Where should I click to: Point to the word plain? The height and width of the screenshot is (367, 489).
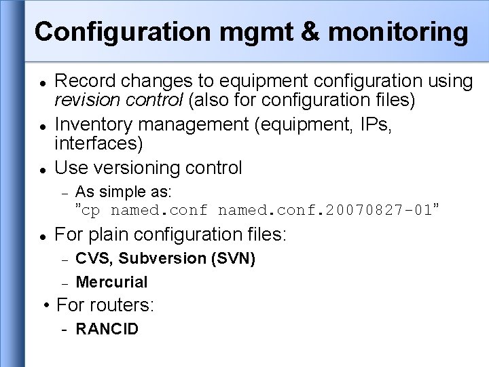tap(113, 235)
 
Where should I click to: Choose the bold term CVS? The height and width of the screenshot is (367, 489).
tap(93, 259)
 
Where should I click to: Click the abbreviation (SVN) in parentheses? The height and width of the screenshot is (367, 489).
tap(230, 259)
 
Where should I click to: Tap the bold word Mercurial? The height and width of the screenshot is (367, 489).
tap(111, 282)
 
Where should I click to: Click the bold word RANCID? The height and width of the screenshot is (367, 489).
tap(107, 330)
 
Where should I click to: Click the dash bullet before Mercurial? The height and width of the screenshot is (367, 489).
tap(65, 282)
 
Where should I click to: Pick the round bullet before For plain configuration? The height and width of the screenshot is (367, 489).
tap(42, 236)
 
